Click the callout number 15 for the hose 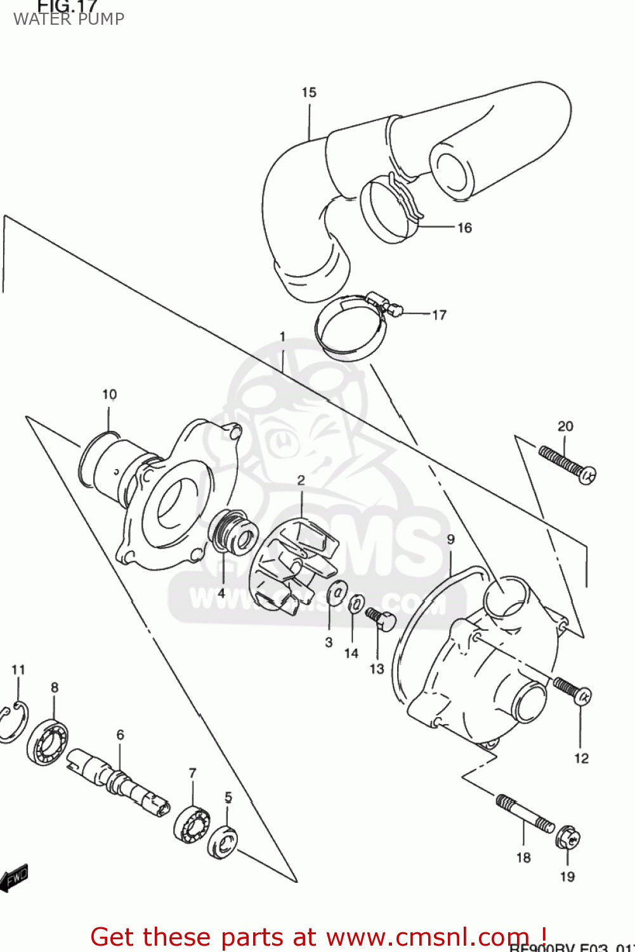click(x=309, y=93)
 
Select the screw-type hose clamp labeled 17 click(x=351, y=326)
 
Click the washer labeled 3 click(x=336, y=595)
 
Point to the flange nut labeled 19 click(x=567, y=838)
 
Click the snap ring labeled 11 click(x=13, y=722)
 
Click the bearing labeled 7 click(x=192, y=826)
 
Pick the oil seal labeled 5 click(x=223, y=842)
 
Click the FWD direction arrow click(x=14, y=878)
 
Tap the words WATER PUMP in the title click(x=69, y=19)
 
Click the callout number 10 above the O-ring click(x=110, y=395)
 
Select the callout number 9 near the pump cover click(x=450, y=539)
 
